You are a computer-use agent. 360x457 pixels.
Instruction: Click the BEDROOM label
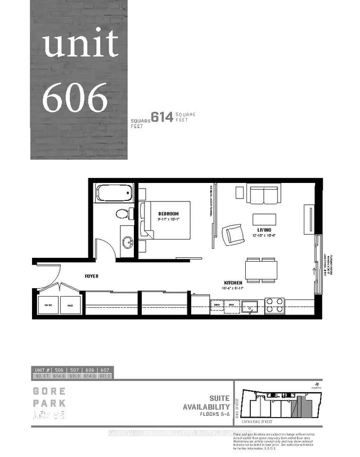(x=168, y=214)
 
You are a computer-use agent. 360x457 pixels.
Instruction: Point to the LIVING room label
(x=264, y=230)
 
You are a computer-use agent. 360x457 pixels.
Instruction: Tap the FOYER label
(x=92, y=276)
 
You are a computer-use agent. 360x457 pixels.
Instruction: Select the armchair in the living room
(x=232, y=235)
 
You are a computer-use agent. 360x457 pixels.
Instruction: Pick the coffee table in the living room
(x=264, y=219)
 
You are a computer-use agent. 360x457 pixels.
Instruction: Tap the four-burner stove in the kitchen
(x=274, y=305)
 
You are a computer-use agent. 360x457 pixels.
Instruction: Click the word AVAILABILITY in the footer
(x=206, y=407)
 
